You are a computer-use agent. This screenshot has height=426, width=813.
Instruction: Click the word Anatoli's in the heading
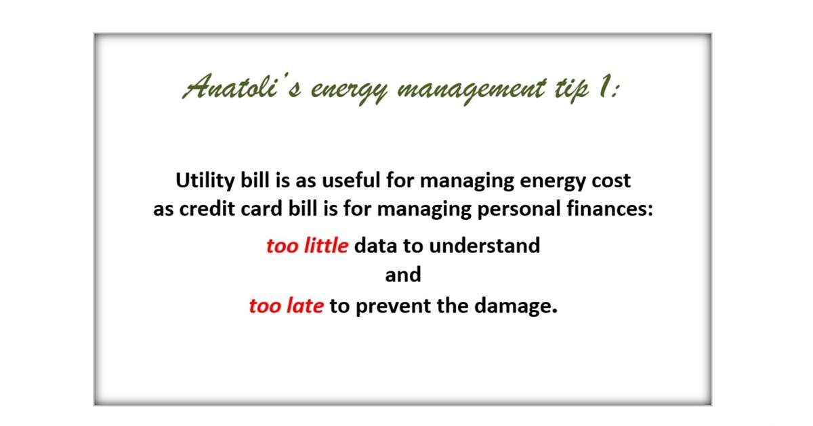click(x=243, y=87)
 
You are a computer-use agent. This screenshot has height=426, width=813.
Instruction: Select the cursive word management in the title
click(x=472, y=90)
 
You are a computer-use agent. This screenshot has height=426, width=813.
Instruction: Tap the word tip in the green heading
click(x=572, y=90)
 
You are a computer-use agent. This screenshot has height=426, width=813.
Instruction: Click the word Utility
click(x=205, y=181)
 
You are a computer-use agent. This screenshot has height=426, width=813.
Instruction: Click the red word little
click(x=327, y=246)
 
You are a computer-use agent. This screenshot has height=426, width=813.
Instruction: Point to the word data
click(x=375, y=246)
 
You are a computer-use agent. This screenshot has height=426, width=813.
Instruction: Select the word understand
click(x=484, y=246)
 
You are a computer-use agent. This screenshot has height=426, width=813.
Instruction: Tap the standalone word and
click(x=403, y=275)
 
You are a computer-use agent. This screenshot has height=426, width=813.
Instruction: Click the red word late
click(x=306, y=306)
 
